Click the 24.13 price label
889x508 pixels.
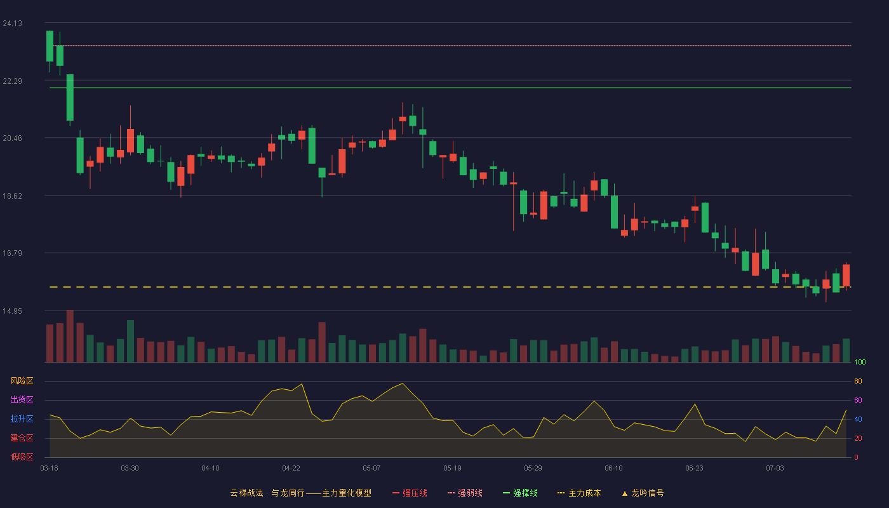pyautogui.click(x=12, y=23)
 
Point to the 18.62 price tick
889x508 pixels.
pyautogui.click(x=12, y=196)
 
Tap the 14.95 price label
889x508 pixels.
pyautogui.click(x=12, y=311)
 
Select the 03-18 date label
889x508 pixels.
pyautogui.click(x=50, y=469)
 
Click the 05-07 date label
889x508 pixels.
pyautogui.click(x=371, y=469)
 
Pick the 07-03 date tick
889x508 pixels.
pyautogui.click(x=775, y=469)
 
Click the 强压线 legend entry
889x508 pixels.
pyautogui.click(x=410, y=493)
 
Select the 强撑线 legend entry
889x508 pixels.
pyautogui.click(x=520, y=493)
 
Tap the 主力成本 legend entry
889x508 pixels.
pyautogui.click(x=579, y=493)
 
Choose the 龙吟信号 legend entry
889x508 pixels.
pyautogui.click(x=643, y=493)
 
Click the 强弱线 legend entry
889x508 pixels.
pyautogui.click(x=465, y=493)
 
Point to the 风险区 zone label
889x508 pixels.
pyautogui.click(x=22, y=381)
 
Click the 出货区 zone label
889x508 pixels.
pyautogui.click(x=22, y=399)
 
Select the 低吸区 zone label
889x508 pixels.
pyautogui.click(x=22, y=457)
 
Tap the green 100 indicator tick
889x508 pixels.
pyautogui.click(x=860, y=362)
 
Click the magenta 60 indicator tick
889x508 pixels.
pyautogui.click(x=858, y=400)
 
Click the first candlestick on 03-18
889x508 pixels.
pyautogui.click(x=50, y=46)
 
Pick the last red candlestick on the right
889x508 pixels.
pyautogui.click(x=846, y=276)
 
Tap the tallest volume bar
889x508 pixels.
pyautogui.click(x=70, y=336)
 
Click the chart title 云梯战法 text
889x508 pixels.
pyautogui.click(x=246, y=493)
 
